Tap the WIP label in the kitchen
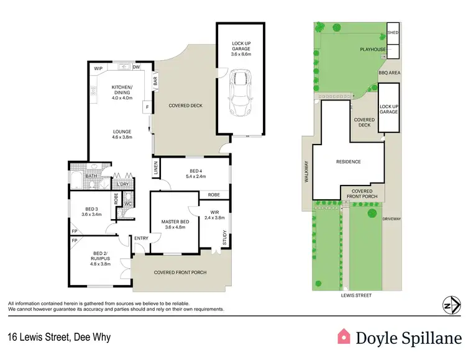point(98,68)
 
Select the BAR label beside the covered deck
point(155,81)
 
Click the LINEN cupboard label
point(156,168)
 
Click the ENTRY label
point(141,238)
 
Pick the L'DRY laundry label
point(122,184)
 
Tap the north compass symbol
point(450,305)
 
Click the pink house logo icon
point(344,336)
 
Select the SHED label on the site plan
point(392,32)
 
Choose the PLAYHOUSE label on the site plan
point(373,49)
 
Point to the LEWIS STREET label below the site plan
point(356,295)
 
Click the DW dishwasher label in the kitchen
point(137,68)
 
